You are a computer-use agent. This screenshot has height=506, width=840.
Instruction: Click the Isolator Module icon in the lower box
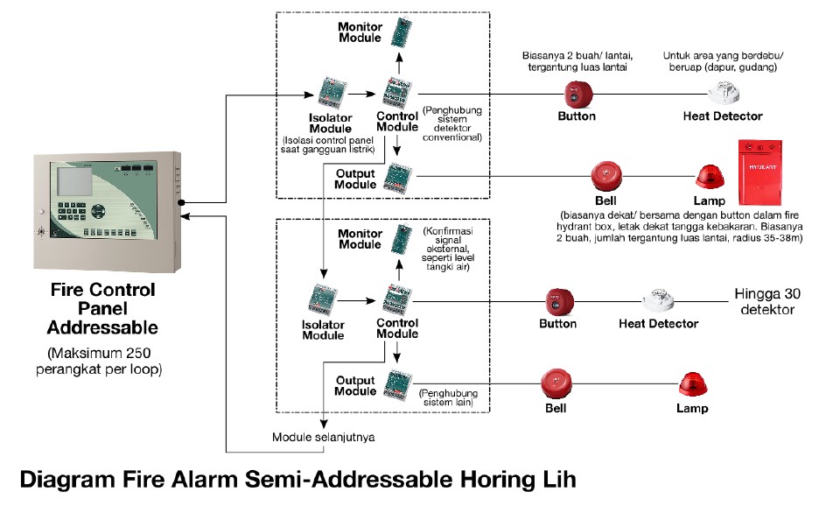click(323, 300)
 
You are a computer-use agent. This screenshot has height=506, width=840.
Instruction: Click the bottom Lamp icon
click(691, 385)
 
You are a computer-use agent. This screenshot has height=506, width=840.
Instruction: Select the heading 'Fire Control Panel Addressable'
click(102, 309)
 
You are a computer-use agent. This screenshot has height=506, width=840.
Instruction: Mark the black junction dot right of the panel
click(181, 202)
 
